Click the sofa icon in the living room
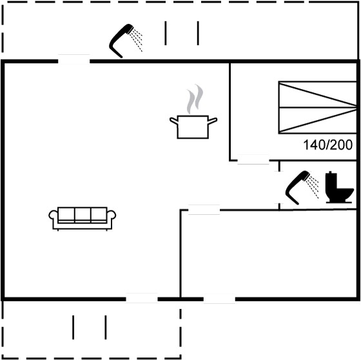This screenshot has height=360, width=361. [83, 219]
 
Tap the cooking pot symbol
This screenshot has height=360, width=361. [193, 127]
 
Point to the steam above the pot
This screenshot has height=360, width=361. [195, 99]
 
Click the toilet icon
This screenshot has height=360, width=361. [339, 187]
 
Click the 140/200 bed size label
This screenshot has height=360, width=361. [328, 145]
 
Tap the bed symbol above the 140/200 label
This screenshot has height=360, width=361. [317, 107]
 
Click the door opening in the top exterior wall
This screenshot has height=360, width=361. [73, 61]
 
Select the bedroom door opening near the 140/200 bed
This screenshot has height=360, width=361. [253, 160]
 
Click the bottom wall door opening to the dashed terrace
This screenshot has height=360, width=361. [142, 299]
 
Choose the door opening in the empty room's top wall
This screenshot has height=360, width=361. [204, 210]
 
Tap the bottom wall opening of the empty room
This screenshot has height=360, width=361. [219, 299]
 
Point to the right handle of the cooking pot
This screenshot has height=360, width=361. [212, 121]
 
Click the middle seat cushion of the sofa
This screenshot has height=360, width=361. [83, 215]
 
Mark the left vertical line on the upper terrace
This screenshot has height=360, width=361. [165, 33]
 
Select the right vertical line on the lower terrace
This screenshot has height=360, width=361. [106, 327]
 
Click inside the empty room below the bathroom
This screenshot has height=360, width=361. [268, 254]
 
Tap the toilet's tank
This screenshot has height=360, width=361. [331, 180]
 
